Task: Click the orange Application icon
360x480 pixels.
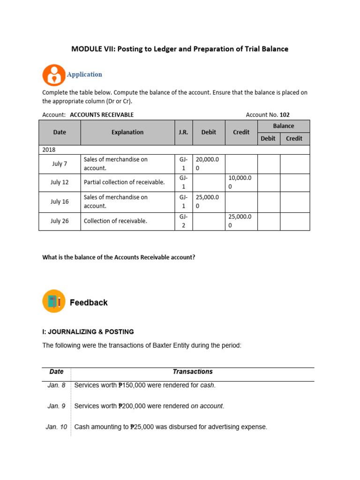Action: coord(54,75)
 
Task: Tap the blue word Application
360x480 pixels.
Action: coord(84,75)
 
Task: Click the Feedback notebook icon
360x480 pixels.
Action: coord(54,301)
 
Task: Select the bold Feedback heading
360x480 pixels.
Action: coord(89,303)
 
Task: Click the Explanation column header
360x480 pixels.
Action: coord(127,132)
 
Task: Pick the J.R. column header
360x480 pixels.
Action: coord(183,132)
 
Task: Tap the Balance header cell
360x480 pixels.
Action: coord(284,126)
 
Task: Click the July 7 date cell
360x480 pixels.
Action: coord(60,164)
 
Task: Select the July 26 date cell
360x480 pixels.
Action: coord(60,221)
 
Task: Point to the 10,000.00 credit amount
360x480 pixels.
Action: coord(241,182)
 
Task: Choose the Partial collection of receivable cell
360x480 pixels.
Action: coord(124,182)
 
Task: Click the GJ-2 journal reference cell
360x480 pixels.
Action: coord(183,221)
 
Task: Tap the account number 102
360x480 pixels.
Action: coord(285,114)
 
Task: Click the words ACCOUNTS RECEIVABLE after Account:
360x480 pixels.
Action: coord(102,114)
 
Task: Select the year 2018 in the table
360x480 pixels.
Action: coord(48,150)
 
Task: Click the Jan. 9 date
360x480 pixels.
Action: coord(57,406)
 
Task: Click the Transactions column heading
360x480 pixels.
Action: coord(192,372)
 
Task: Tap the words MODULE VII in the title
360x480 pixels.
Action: coord(92,49)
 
